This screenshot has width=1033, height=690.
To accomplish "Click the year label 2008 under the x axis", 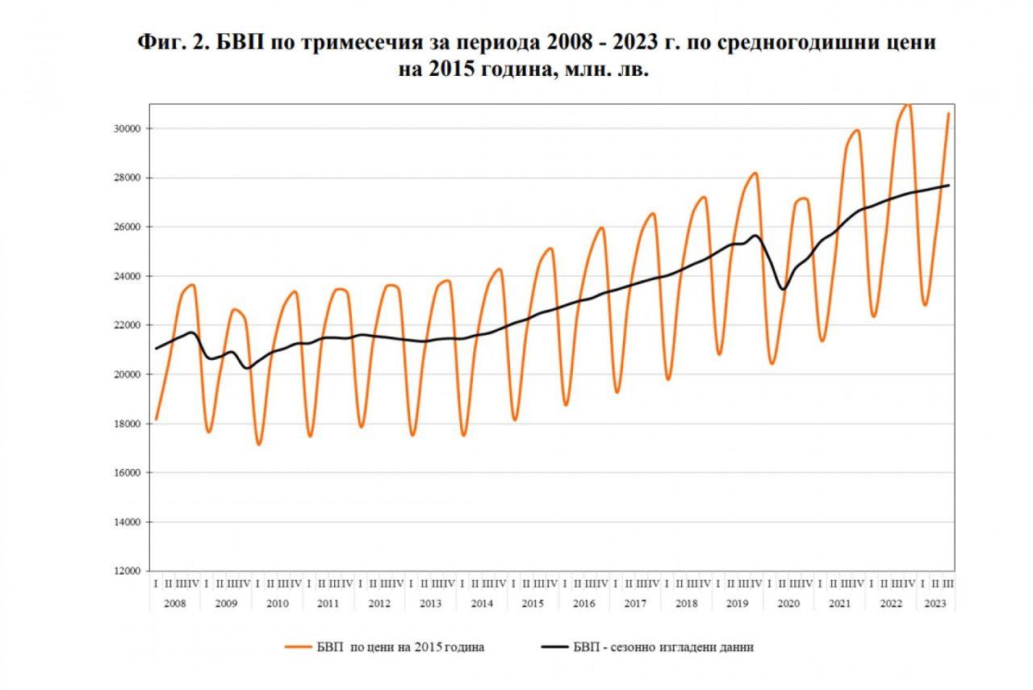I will coord(174,604).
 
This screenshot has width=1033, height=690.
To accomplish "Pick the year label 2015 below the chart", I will coord(533,604).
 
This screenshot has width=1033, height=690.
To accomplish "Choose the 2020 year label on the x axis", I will coord(788,604).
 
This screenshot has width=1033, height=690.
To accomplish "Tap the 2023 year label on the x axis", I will coord(935,604).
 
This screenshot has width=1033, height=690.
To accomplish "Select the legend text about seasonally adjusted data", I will coord(663,647).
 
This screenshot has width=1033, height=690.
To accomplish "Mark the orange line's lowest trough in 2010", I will coord(259,444).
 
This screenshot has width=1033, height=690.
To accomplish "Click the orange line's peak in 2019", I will coord(755,173).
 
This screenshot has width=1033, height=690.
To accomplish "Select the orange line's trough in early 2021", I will coord(822,341).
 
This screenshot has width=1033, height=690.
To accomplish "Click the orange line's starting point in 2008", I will coord(156,420).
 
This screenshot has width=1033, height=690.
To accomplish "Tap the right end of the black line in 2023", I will coord(949,186).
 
